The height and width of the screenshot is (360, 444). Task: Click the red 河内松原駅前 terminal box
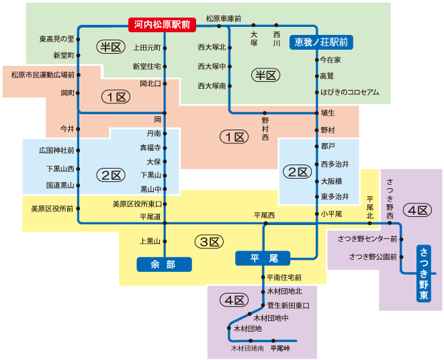162,25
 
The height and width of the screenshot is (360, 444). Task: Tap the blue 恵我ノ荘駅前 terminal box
321,42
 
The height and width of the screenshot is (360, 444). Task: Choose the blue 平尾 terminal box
261,258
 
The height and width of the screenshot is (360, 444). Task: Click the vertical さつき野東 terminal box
424,273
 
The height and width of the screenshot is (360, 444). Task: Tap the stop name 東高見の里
56,39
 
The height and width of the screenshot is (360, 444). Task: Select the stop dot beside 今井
79,128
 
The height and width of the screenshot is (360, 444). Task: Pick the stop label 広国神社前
56,150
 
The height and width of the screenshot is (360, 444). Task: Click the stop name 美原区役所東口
137,204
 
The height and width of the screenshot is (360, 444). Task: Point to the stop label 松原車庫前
224,18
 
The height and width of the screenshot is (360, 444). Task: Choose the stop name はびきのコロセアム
350,93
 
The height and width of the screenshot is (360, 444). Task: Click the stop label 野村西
265,128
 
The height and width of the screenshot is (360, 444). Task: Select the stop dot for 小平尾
316,214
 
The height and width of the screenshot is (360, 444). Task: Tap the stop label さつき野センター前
367,238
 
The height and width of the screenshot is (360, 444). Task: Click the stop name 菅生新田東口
288,306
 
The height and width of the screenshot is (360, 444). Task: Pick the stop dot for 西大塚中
230,66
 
